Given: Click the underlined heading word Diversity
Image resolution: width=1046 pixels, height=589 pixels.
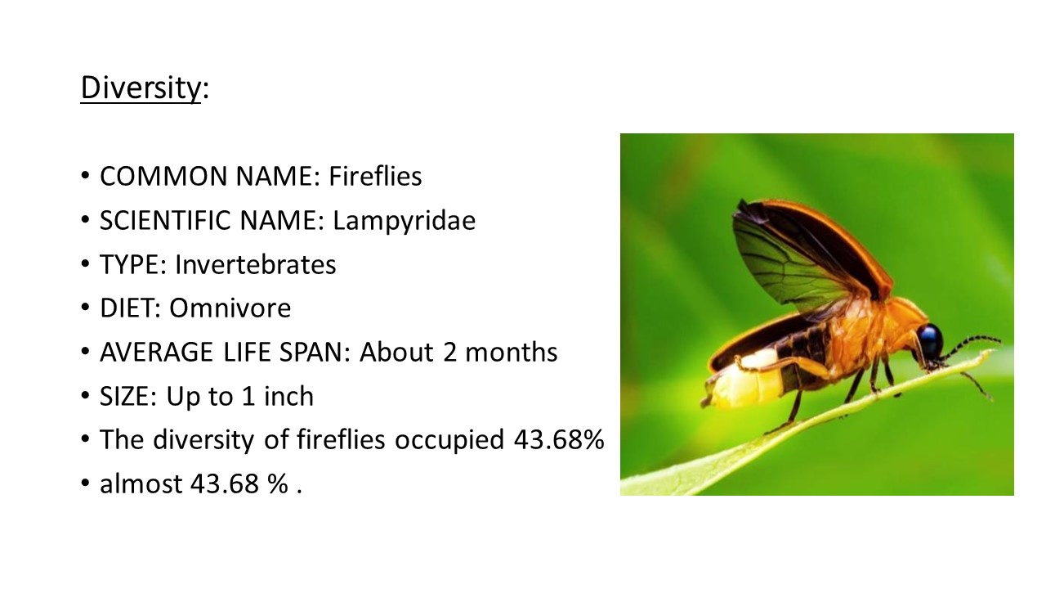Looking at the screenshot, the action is (x=141, y=88).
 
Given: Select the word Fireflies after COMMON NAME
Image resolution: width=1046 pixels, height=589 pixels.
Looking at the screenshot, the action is (x=375, y=176).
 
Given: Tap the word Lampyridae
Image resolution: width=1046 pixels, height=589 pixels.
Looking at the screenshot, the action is (x=404, y=221).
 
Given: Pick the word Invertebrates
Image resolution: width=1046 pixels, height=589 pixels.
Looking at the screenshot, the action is (x=256, y=264).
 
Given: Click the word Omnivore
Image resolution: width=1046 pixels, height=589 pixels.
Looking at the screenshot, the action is (x=230, y=308).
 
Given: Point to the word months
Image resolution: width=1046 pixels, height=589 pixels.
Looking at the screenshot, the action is (x=512, y=353).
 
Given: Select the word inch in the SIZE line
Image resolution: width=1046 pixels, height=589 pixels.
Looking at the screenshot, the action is (x=288, y=397).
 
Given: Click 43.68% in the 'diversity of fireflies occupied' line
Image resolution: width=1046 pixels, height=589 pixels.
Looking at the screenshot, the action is (x=559, y=440).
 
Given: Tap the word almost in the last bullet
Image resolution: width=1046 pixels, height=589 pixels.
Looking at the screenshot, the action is (x=141, y=483).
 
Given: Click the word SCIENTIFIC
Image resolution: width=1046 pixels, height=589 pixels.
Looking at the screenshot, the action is (x=165, y=220).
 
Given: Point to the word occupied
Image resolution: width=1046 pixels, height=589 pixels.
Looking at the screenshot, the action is (x=449, y=441).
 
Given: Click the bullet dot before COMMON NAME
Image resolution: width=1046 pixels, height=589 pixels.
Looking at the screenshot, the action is (x=85, y=176).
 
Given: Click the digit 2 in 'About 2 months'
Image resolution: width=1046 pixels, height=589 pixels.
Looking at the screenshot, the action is (x=449, y=353).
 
